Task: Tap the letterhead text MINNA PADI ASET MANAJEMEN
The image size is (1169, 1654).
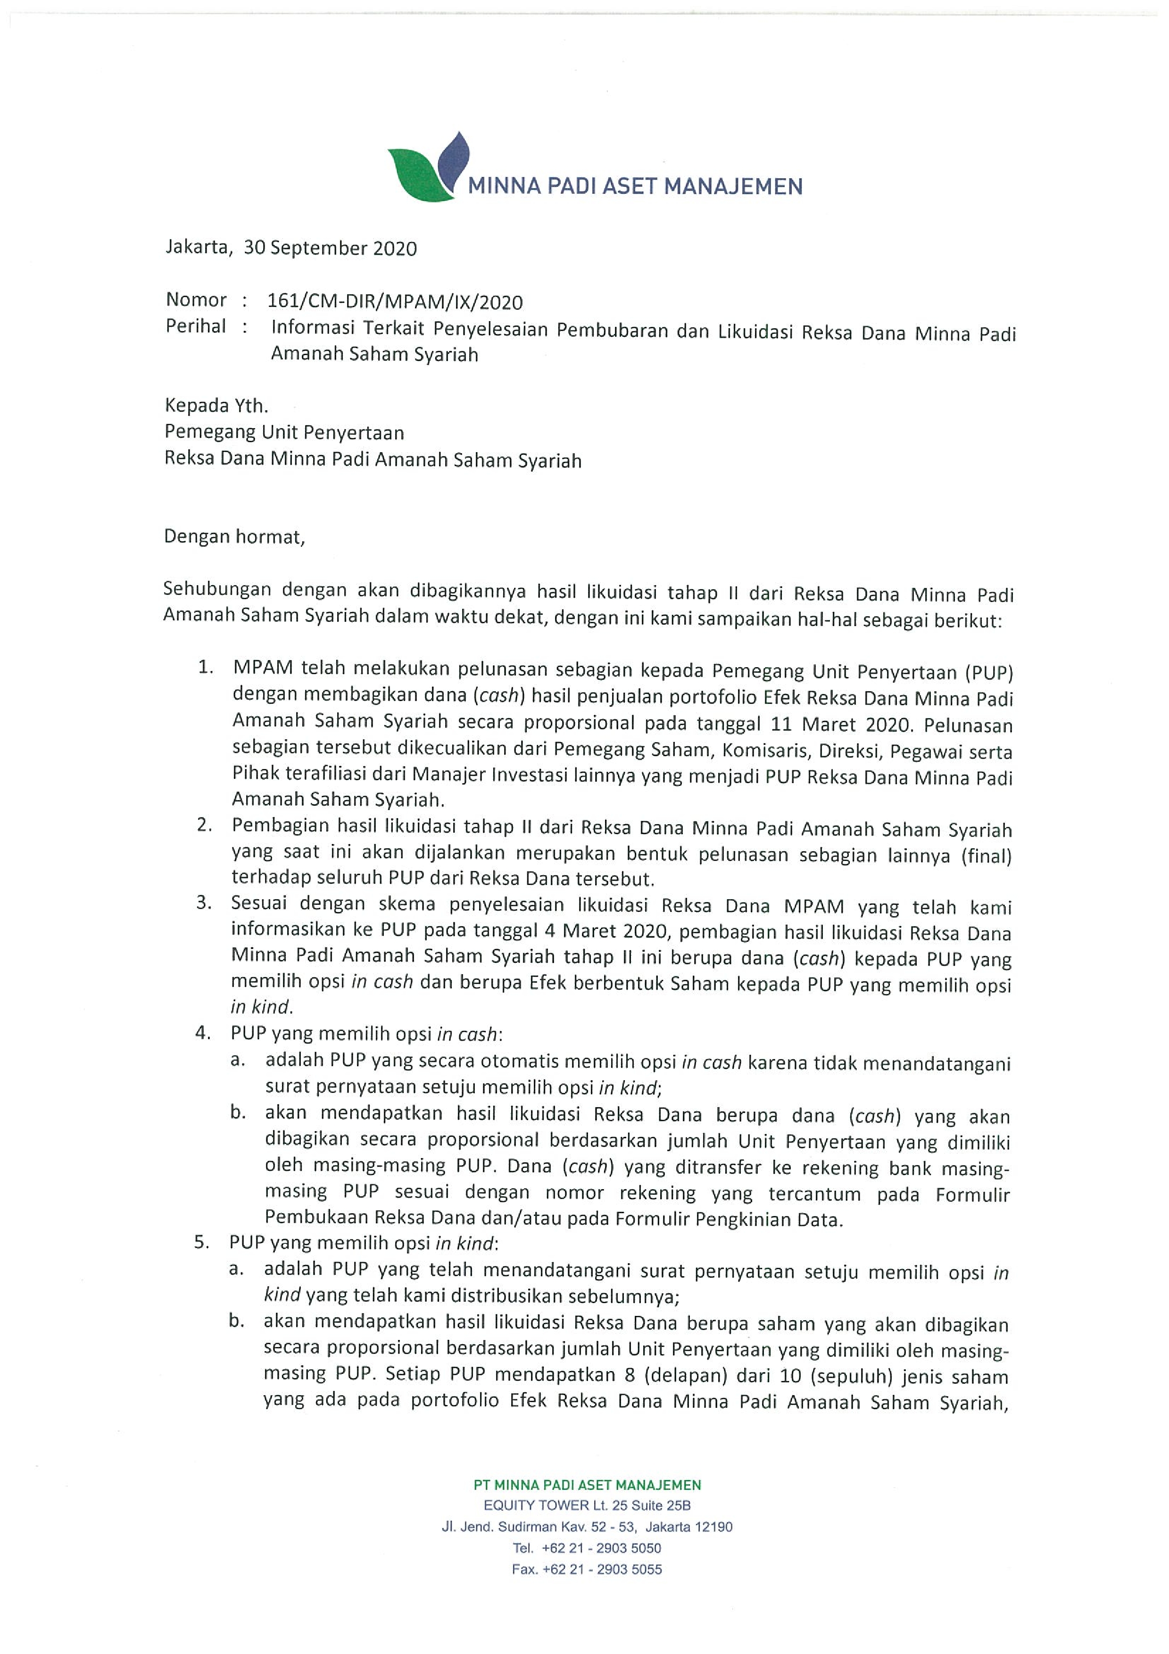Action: pyautogui.click(x=635, y=187)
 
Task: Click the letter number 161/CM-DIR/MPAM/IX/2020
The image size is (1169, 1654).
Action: pyautogui.click(x=395, y=302)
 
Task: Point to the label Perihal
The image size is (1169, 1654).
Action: pyautogui.click(x=195, y=326)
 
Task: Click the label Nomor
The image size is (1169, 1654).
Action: pyautogui.click(x=196, y=300)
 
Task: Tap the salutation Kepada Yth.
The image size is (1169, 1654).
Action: pyautogui.click(x=216, y=405)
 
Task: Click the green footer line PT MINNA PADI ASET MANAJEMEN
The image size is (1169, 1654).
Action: pyautogui.click(x=587, y=1485)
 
